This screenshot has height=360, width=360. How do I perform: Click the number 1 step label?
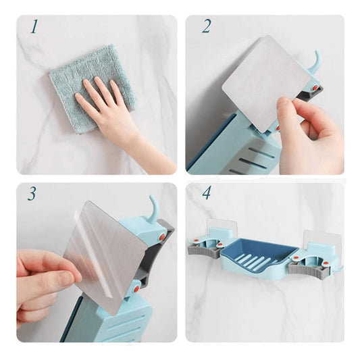[33, 28]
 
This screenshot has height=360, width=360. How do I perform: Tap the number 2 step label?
[206, 28]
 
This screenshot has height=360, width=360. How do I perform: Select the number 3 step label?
[32, 194]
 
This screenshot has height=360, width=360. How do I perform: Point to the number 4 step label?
[206, 194]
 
